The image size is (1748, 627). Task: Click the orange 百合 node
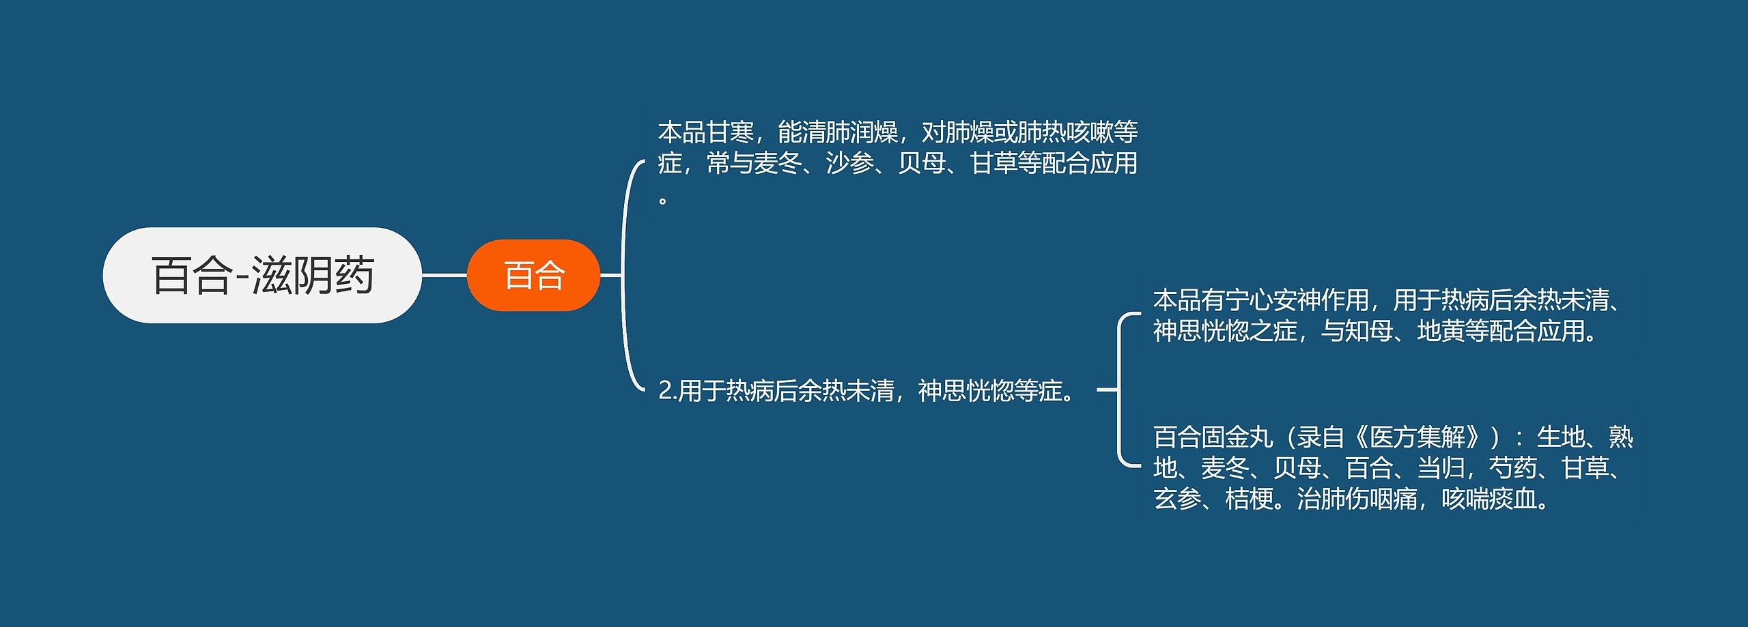pos(533,276)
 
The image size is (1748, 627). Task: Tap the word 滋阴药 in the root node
pos(313,276)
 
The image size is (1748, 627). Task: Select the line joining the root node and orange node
pos(444,276)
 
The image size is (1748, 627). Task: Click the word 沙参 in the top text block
pos(850,164)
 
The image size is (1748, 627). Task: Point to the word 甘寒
pos(731,132)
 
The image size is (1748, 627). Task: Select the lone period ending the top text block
pos(662,200)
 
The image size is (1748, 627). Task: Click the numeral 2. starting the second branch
pos(667,391)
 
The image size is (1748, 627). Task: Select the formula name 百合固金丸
pos(1213,437)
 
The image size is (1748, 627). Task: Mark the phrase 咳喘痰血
pos(1489,499)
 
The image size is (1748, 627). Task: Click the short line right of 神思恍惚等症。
pos(1106,390)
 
